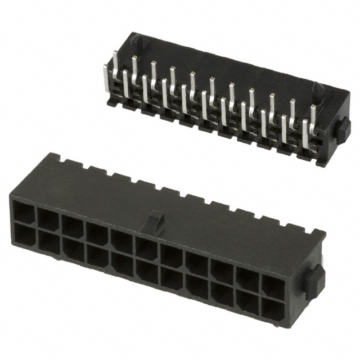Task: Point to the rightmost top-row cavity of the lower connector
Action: pos(273,287)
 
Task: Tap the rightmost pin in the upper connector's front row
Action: pos(307,135)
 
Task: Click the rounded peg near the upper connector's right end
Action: pos(317,89)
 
